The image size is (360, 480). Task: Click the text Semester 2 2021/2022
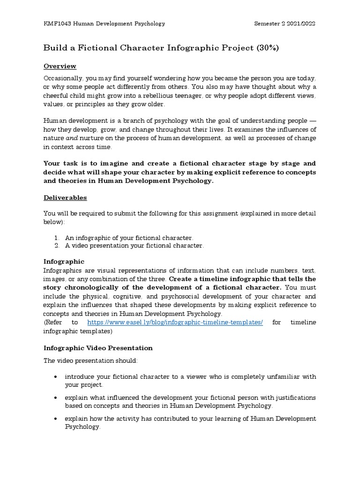click(x=285, y=23)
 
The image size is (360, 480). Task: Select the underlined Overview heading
click(x=60, y=66)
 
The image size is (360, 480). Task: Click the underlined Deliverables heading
click(x=65, y=198)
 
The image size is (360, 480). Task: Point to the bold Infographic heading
click(x=64, y=262)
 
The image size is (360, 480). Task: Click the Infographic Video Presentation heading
click(x=98, y=348)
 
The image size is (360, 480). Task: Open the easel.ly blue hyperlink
click(x=175, y=322)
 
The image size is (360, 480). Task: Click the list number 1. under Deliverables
click(x=57, y=238)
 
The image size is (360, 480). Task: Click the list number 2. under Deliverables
click(x=57, y=246)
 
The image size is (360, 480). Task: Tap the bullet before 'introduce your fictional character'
click(x=56, y=377)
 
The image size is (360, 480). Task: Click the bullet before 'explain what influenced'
click(x=56, y=398)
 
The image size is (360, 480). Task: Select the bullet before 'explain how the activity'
click(x=56, y=419)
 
